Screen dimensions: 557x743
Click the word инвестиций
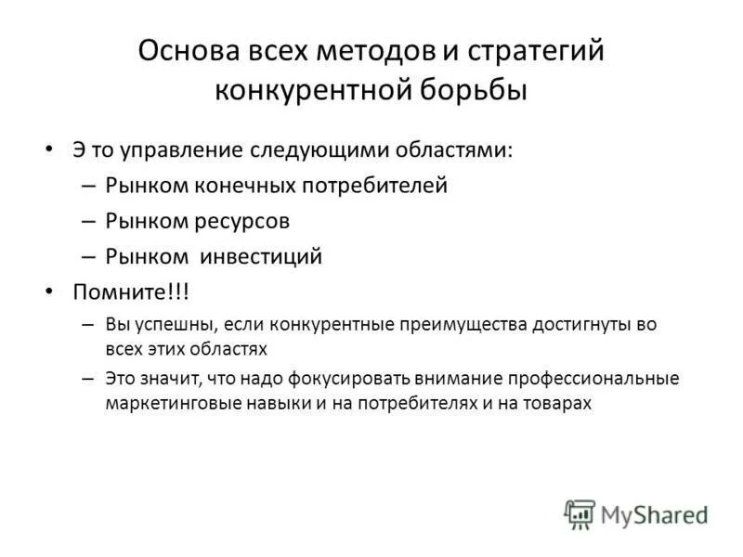coord(268,257)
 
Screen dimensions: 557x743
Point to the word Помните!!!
coord(131,292)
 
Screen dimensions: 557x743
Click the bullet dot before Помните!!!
coord(49,292)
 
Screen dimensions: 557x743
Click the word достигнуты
coord(585,325)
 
